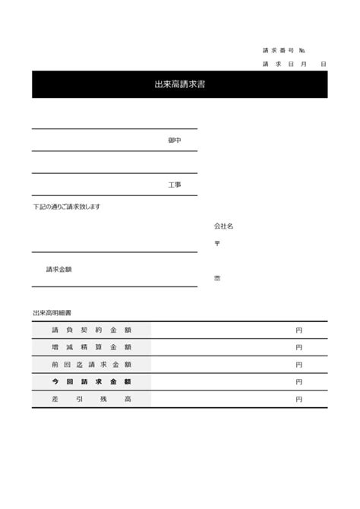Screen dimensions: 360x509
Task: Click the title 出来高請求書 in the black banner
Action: click(179, 84)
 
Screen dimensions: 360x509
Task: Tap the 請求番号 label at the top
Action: click(278, 51)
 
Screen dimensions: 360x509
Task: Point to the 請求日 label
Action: click(278, 65)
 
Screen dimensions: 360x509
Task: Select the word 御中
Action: click(175, 141)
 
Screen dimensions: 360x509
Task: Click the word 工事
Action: click(175, 185)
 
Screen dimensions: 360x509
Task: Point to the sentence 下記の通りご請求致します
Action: click(66, 207)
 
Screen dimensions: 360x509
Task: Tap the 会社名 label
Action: click(223, 226)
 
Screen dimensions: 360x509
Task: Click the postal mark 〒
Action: click(216, 243)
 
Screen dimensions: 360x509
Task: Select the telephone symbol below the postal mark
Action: click(216, 278)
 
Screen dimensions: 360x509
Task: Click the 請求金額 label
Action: click(59, 269)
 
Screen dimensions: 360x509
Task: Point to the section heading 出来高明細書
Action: click(52, 312)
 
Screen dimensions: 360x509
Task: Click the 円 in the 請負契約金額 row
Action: click(299, 330)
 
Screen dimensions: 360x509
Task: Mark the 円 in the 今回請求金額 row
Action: click(299, 381)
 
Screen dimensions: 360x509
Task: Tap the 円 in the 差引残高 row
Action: click(299, 399)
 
